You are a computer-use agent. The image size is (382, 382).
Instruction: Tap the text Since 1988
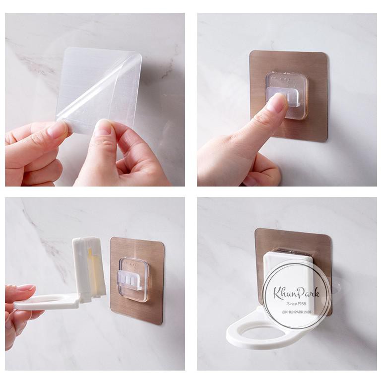point(297,304)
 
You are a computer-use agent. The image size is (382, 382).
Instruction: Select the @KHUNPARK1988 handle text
point(297,312)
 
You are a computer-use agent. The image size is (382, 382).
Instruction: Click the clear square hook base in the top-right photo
point(287,95)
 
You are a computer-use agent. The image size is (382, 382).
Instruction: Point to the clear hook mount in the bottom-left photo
point(133,280)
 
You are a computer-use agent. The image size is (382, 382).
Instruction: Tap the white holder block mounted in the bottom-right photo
point(287,283)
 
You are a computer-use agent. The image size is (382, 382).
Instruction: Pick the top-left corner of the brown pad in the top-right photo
point(251,51)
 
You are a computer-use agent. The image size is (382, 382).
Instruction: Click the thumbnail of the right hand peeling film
point(104,127)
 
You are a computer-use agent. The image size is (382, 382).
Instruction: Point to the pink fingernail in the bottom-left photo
point(26,287)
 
